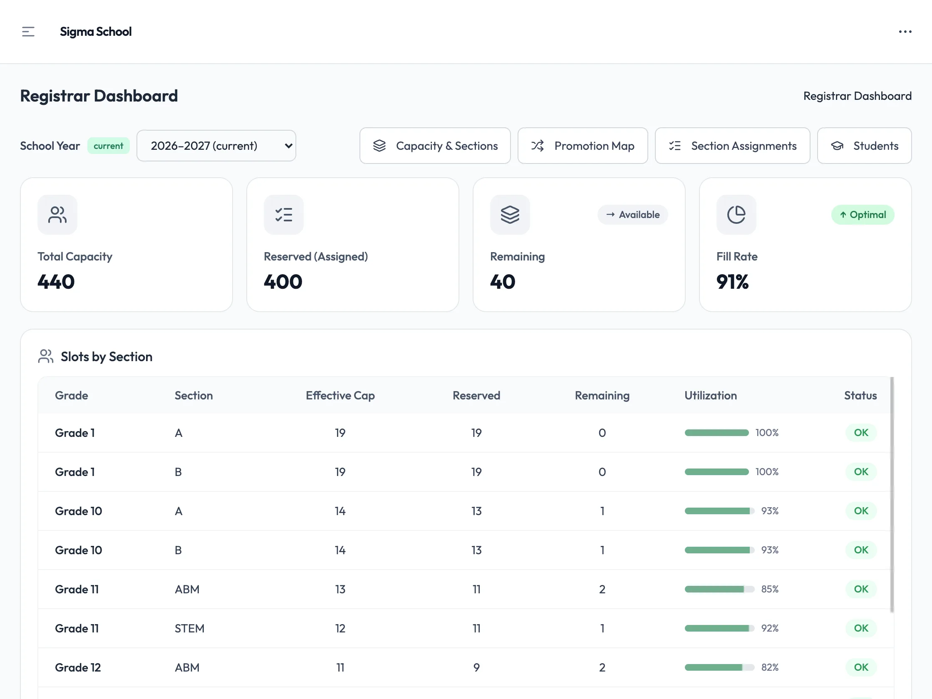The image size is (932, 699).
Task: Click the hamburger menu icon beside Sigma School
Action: (28, 32)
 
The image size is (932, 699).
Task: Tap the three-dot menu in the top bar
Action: (905, 32)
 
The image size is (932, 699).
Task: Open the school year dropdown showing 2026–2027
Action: (216, 146)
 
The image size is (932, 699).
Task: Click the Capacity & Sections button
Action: (435, 146)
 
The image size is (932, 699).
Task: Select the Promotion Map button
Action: (583, 146)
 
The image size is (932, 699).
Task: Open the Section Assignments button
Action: (732, 146)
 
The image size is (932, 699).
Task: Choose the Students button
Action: (864, 146)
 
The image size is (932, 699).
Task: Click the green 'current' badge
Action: (108, 146)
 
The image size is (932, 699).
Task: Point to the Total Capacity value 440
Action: (56, 281)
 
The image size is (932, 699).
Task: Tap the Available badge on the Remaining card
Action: (632, 214)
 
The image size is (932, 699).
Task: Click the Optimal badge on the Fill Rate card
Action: (863, 214)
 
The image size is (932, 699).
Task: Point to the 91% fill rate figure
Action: (732, 281)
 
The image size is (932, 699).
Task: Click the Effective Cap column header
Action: (340, 395)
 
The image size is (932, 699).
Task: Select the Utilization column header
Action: (710, 395)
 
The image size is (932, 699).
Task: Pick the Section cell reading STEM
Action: (189, 628)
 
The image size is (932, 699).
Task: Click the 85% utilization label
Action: (769, 589)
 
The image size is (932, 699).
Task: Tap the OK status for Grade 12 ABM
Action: (861, 667)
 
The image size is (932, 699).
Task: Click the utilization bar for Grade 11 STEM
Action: (719, 628)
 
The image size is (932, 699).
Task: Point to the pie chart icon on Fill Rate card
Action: (736, 214)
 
